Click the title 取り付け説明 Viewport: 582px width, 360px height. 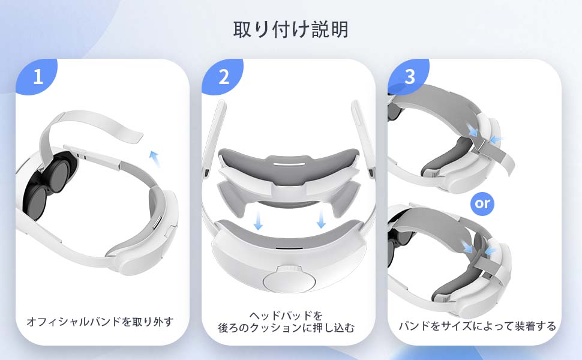click(290, 29)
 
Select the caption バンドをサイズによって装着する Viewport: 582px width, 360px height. click(478, 326)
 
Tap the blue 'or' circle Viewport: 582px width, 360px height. click(482, 203)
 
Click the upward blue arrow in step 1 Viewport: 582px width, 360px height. click(155, 158)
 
